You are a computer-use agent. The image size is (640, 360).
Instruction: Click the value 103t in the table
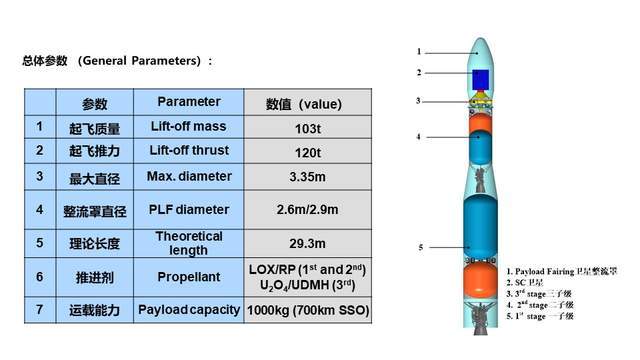(307, 127)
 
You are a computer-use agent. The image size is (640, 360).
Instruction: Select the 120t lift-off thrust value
(307, 152)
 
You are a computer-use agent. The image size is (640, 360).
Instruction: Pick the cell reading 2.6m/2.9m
(307, 210)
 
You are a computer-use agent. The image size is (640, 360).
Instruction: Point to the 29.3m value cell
(307, 243)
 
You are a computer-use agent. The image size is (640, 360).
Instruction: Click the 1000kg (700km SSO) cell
(307, 311)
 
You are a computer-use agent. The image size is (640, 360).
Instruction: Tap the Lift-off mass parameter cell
(189, 127)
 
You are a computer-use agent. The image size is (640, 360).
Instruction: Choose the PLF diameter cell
(189, 210)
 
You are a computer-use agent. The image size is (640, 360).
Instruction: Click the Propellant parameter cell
(189, 277)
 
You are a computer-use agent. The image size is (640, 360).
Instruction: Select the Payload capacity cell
(189, 310)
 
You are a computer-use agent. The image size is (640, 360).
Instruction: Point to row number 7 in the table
(39, 310)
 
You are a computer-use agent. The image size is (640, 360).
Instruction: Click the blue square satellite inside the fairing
(480, 79)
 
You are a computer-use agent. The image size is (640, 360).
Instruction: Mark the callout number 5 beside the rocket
(421, 246)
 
